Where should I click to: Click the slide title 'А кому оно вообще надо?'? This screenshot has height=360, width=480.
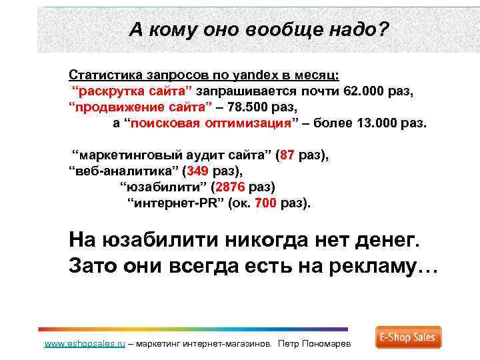259,29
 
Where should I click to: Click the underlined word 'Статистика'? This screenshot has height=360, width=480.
100,75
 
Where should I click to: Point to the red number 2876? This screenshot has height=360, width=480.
231,187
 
